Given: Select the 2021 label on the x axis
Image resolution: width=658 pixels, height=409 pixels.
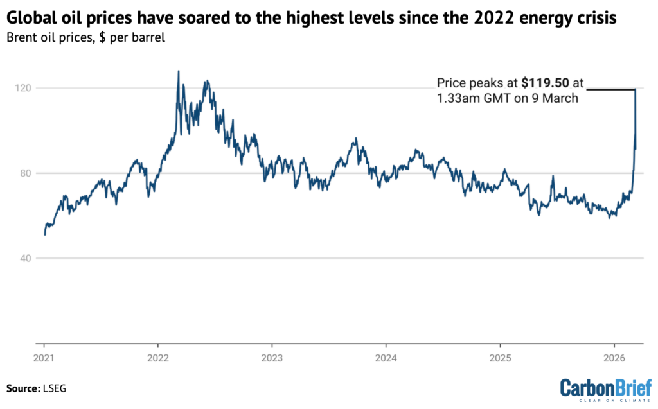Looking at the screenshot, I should click(x=44, y=357).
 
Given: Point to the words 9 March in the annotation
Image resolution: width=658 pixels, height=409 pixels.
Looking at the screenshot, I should click(x=563, y=98).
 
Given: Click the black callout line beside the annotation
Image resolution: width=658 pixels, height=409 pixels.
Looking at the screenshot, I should click(x=610, y=89).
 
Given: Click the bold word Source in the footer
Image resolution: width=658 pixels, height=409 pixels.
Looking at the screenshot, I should click(x=24, y=388).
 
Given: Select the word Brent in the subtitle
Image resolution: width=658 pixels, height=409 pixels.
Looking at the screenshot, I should click(x=22, y=37).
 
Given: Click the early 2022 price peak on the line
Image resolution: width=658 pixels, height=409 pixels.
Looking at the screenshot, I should click(x=178, y=71).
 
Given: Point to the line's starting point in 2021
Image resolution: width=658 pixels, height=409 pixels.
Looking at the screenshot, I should click(x=44, y=235).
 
